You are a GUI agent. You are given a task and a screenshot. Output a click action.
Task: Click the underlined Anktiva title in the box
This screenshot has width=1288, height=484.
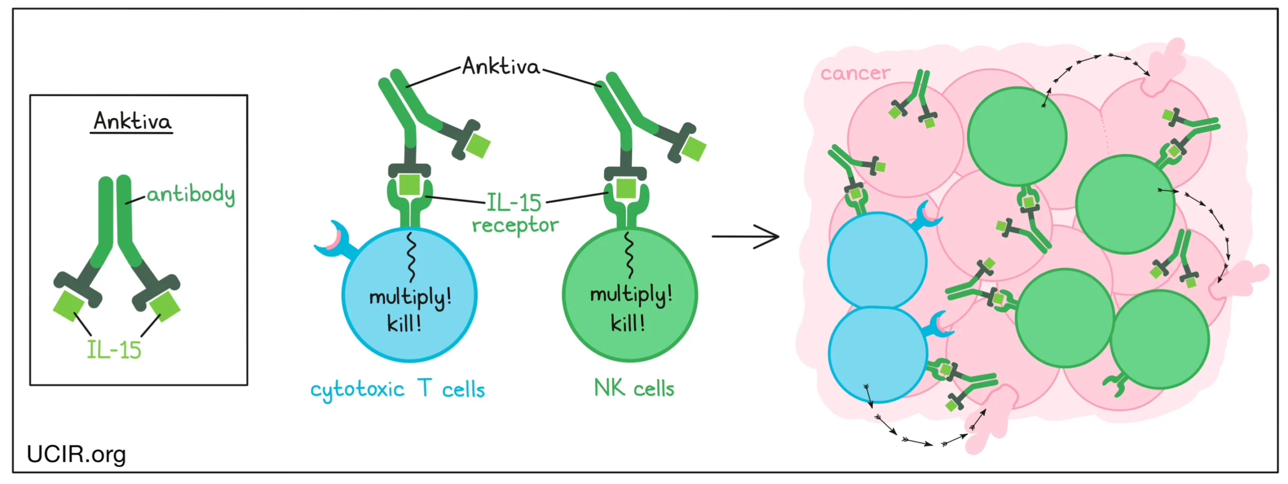click(x=132, y=122)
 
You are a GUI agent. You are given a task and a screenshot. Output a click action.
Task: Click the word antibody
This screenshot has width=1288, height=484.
click(x=191, y=194)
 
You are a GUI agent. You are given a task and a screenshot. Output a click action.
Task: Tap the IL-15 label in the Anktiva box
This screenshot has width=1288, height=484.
click(x=114, y=350)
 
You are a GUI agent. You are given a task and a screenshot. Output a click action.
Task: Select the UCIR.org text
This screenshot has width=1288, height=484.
click(x=76, y=454)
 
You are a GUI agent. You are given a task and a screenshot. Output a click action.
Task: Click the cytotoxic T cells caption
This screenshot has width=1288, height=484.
click(x=397, y=389)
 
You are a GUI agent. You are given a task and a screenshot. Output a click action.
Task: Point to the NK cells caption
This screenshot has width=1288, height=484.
click(x=634, y=388)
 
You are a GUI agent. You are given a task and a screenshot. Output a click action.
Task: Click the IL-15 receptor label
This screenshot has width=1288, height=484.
click(x=515, y=213)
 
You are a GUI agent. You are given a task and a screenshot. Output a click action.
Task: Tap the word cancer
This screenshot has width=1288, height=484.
click(x=855, y=73)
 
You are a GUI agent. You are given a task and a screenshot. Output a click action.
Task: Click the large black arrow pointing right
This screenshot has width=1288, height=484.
click(x=745, y=236)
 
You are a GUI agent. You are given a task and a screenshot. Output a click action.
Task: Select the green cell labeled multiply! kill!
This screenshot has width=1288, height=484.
click(x=630, y=338)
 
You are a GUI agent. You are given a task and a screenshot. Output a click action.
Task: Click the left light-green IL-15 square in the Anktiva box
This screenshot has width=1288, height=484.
click(x=69, y=305)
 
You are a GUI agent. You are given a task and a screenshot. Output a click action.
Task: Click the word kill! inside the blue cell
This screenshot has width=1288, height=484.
click(x=404, y=323)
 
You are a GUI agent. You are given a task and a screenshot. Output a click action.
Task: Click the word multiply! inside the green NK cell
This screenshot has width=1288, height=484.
click(x=631, y=295)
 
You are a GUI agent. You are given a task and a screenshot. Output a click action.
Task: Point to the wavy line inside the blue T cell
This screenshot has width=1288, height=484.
click(x=411, y=257)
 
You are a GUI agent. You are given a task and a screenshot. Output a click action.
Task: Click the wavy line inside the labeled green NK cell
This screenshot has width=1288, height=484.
click(x=629, y=255)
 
